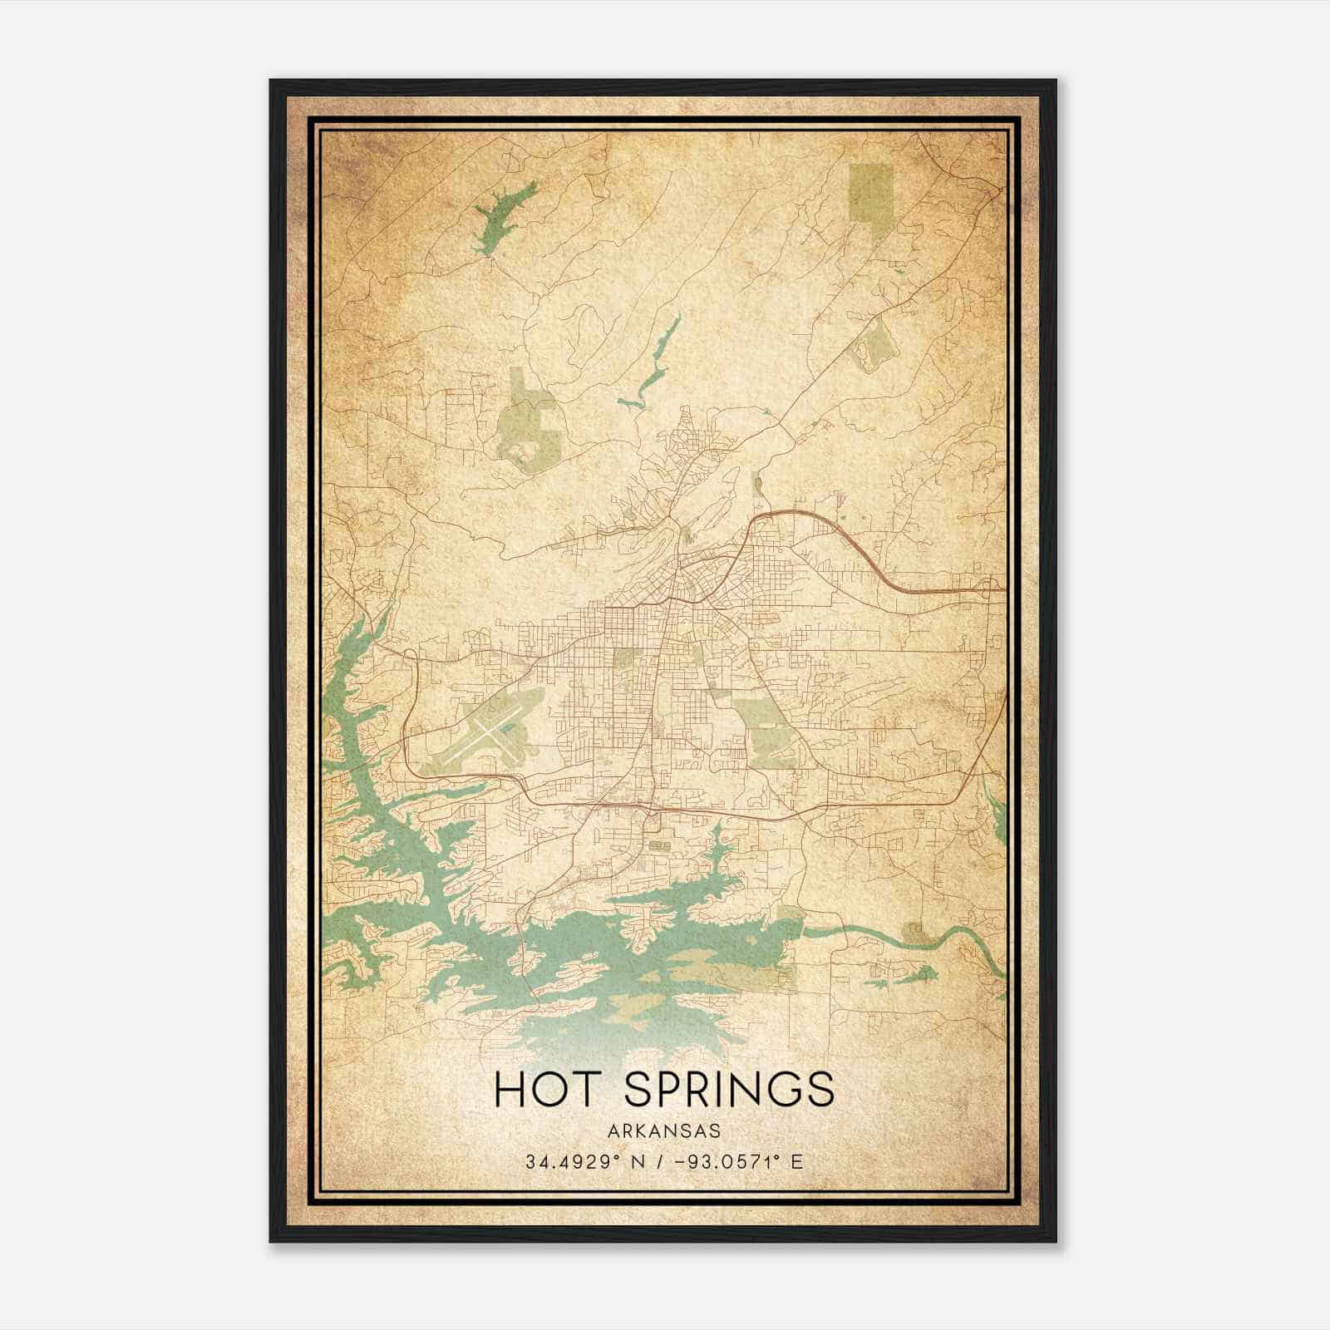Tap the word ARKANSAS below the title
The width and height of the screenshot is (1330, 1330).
[x=665, y=1130]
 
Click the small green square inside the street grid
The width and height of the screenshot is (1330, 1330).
[x=623, y=659]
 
